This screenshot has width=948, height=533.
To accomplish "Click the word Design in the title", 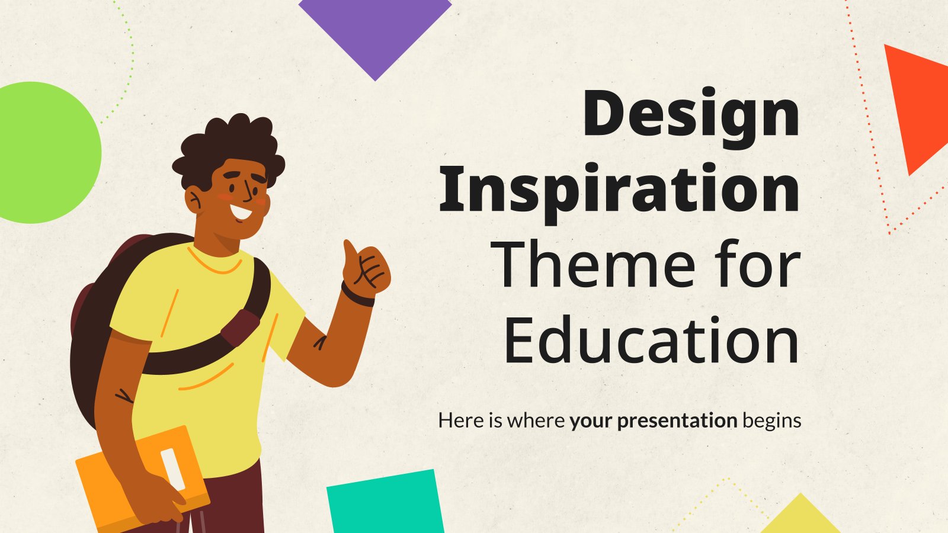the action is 691,118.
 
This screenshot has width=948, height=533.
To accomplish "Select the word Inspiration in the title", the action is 619,193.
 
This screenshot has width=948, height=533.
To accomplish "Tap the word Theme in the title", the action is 592,264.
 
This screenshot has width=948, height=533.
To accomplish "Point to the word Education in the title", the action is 651,340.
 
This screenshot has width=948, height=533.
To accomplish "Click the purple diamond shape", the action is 375,34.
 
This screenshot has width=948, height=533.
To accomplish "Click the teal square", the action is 385,503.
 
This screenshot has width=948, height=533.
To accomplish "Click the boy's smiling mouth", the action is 241,211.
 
